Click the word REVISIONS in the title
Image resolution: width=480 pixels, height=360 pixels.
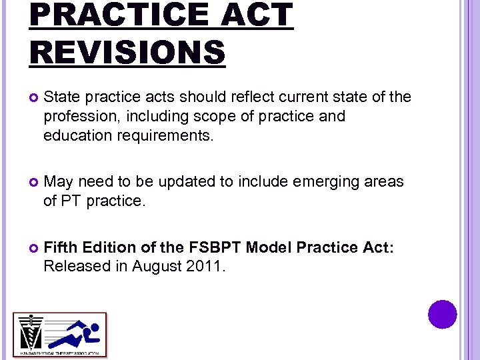point(127,52)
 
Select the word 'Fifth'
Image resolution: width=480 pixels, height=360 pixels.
point(59,248)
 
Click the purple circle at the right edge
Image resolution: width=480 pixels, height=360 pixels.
point(442,314)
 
